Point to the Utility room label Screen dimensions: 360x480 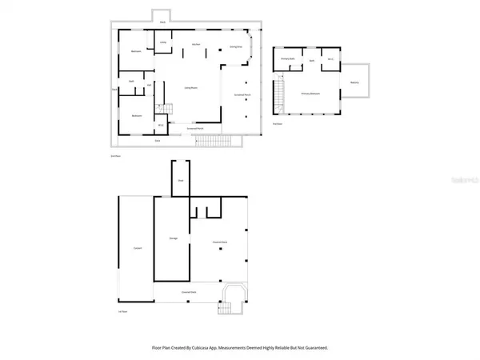pyautogui.click(x=163, y=42)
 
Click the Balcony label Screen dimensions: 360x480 pyautogui.click(x=355, y=82)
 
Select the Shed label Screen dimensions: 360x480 pyautogui.click(x=181, y=182)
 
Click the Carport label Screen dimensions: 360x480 pyautogui.click(x=137, y=249)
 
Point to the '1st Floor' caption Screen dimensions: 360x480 pyautogui.click(x=123, y=312)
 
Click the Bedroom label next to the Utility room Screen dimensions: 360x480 pyautogui.click(x=135, y=52)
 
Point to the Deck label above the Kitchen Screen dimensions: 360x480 pyautogui.click(x=163, y=22)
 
